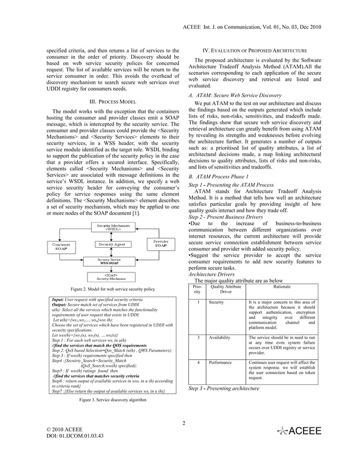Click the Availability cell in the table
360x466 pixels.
click(219, 337)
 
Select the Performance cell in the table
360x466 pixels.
click(220, 364)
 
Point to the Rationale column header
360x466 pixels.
click(282, 287)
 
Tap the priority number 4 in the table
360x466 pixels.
click(197, 364)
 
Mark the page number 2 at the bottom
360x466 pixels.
click(184, 423)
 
